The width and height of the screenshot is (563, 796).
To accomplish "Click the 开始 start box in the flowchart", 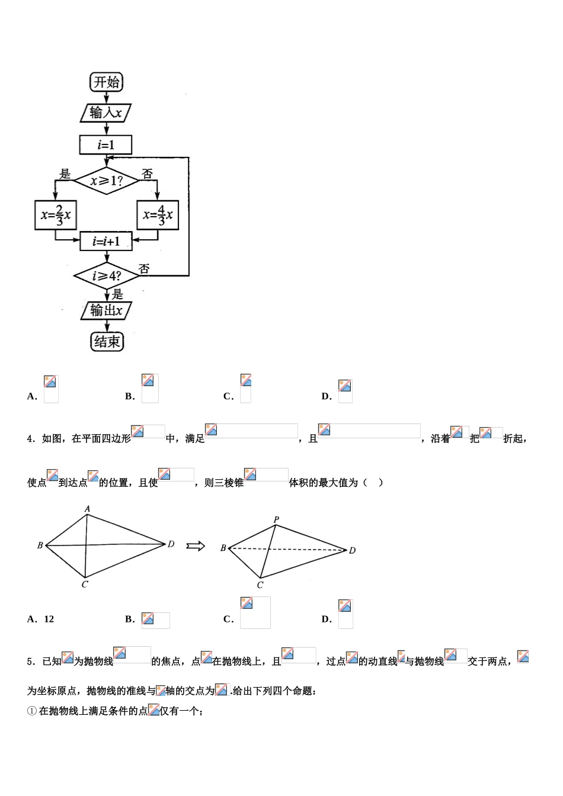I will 107,82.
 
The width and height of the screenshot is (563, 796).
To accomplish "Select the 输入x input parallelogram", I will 105,113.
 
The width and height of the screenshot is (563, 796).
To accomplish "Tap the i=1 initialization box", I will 106,145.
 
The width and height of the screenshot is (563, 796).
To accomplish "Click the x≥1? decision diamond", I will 106,180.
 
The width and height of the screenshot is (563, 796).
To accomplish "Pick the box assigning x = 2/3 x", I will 56,215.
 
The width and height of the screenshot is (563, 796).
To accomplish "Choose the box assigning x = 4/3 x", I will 158,215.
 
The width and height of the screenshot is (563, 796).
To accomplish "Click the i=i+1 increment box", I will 106,241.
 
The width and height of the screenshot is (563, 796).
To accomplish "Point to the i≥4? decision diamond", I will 106,276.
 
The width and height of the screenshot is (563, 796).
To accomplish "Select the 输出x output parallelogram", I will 106,310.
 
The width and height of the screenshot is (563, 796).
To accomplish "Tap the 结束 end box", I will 107,341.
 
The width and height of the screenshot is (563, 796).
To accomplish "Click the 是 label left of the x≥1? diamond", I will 65,174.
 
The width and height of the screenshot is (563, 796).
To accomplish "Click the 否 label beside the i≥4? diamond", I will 144,269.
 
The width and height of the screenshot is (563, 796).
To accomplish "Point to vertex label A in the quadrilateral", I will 87,508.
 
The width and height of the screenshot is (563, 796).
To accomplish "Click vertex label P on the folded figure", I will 276,519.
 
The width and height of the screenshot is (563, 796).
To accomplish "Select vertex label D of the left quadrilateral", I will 171,544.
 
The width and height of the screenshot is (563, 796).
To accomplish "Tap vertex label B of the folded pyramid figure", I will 223,548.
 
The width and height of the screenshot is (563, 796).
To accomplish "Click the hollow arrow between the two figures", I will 195,545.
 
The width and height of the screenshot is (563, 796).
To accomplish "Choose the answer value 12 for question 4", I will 49,619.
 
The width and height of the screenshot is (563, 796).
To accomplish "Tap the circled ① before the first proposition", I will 32,711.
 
